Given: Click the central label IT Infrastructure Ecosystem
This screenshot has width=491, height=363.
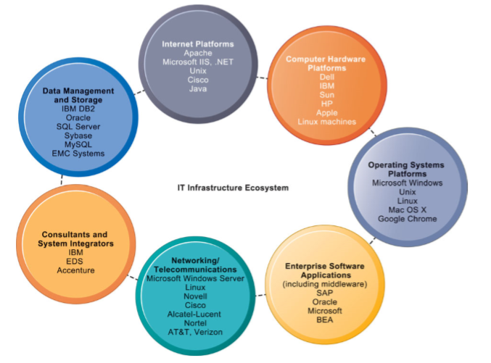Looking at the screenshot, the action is [x=233, y=188].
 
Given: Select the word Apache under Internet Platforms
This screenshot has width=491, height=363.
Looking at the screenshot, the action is [x=197, y=53].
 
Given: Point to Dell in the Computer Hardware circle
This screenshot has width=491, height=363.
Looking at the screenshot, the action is [x=326, y=77].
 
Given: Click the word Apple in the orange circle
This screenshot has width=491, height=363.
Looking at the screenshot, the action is [x=326, y=112].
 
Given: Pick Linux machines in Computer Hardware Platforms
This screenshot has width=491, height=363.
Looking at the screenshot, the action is [x=326, y=122].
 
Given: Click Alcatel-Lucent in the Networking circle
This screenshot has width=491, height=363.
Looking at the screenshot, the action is [x=193, y=314].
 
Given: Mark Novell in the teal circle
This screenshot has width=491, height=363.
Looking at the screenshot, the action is [x=193, y=296].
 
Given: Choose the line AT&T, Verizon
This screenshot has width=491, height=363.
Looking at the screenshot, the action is [x=193, y=332].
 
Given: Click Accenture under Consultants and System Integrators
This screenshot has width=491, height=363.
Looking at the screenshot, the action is [x=75, y=270].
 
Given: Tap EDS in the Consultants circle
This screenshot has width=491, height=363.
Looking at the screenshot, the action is [x=75, y=262].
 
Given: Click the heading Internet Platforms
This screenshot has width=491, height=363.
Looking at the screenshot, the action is [x=197, y=44].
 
